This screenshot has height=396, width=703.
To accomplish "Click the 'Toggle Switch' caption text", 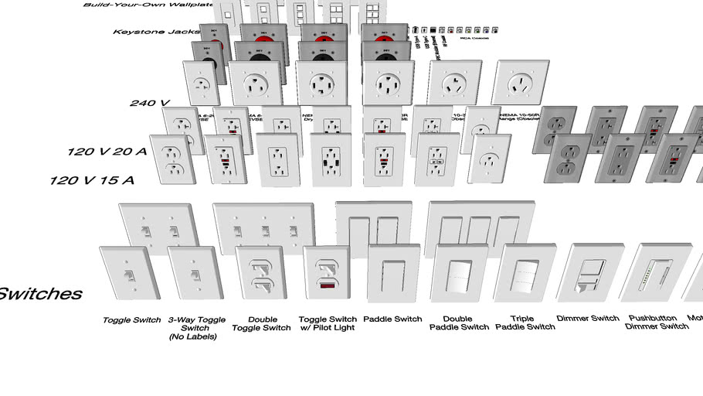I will [132, 319].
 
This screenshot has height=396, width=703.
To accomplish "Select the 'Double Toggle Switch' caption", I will [262, 323].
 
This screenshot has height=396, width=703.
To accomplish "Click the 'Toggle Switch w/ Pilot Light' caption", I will [328, 323].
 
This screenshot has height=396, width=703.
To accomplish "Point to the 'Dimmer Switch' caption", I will [588, 319].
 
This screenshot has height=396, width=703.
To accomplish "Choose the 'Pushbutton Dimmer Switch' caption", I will [657, 323].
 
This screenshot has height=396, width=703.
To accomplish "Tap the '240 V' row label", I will [149, 103].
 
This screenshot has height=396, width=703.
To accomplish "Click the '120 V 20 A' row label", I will [106, 152].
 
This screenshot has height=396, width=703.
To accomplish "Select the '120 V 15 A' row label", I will [92, 180].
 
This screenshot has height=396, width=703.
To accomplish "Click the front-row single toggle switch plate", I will [129, 273].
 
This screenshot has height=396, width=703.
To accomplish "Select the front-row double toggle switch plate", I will [260, 274].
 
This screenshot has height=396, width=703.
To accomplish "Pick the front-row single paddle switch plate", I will [393, 273].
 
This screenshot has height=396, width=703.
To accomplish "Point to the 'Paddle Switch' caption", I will [392, 319].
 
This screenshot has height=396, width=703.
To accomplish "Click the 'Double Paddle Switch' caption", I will [459, 323].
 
